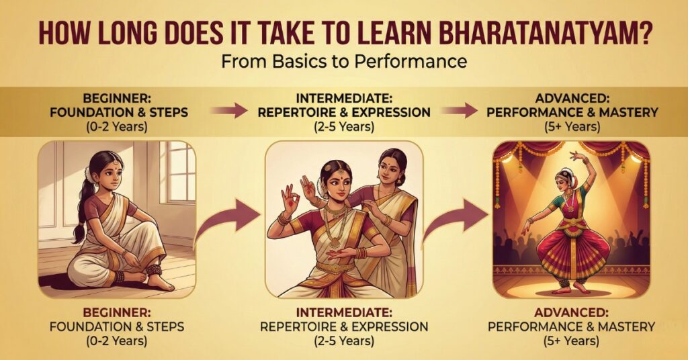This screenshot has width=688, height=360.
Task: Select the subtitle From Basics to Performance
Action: point(344,62)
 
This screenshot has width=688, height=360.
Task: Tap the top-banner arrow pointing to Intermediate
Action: point(228,111)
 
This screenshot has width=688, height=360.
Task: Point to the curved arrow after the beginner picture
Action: point(226,218)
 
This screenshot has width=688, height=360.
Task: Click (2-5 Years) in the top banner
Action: point(344,124)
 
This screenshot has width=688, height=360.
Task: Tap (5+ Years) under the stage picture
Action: point(571,341)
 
